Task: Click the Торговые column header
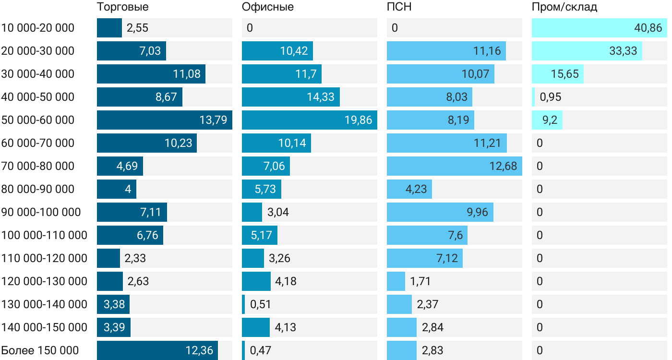click(122, 7)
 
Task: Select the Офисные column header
click(268, 7)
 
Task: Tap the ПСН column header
click(399, 7)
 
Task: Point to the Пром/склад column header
click(564, 7)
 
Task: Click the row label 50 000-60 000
click(38, 120)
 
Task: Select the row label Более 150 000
click(40, 350)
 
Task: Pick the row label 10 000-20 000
click(38, 28)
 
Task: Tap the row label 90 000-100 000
click(41, 212)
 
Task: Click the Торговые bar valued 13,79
click(165, 120)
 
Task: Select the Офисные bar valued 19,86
click(310, 120)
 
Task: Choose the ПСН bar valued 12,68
click(454, 166)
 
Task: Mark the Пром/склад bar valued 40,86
click(600, 28)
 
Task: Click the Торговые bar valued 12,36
click(157, 350)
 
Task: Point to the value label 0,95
click(550, 97)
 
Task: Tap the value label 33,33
click(623, 51)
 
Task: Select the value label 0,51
click(260, 304)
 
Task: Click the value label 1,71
click(420, 281)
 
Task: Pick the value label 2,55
click(137, 28)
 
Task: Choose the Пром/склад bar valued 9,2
click(547, 120)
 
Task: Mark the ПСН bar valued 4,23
click(409, 189)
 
